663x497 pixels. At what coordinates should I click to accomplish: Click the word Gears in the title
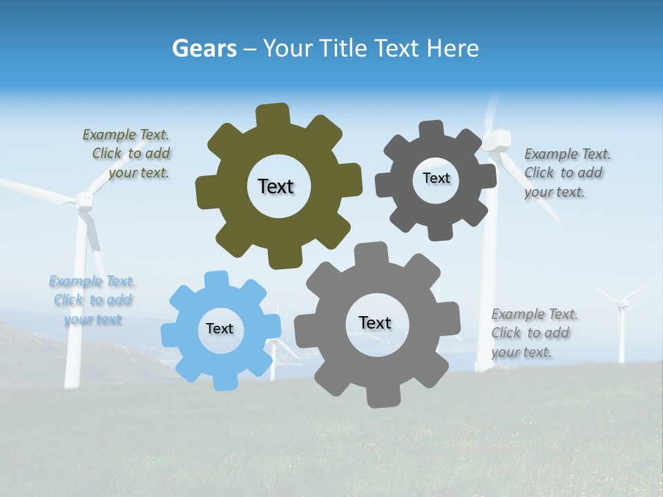click(x=204, y=48)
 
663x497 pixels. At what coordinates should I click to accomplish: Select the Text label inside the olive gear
click(x=276, y=186)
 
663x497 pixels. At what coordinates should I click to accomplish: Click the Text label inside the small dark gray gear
click(x=436, y=178)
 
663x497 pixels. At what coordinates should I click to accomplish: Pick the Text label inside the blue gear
click(x=220, y=329)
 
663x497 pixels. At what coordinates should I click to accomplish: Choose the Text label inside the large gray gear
click(x=375, y=322)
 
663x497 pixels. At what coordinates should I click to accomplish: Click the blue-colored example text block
click(x=92, y=300)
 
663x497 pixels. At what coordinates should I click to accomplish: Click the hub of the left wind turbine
click(x=84, y=201)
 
